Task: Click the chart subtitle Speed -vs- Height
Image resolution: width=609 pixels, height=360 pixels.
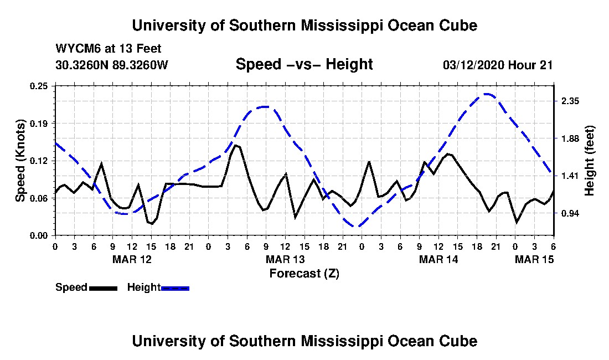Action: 304,64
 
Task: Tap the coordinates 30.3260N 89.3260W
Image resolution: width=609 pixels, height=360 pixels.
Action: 112,64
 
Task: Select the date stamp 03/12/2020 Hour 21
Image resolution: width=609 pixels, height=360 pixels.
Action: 498,65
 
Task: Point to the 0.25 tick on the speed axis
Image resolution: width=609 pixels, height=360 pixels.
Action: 39,86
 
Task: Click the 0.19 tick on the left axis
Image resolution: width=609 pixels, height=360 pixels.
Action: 39,124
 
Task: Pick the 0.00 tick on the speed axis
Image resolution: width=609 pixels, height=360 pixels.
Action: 39,236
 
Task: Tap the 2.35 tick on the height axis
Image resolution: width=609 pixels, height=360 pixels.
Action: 570,101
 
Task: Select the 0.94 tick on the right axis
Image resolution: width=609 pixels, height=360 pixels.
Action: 570,214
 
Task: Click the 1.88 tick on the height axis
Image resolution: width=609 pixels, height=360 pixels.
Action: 570,138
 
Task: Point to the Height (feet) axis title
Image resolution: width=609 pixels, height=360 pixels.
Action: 590,161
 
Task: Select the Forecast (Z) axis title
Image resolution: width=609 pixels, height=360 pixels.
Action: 304,274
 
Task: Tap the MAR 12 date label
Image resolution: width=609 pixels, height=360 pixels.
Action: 132,259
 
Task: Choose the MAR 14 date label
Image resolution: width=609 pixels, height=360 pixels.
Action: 438,259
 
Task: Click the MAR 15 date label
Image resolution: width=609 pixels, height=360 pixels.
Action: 534,259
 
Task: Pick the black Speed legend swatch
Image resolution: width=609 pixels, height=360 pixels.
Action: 104,288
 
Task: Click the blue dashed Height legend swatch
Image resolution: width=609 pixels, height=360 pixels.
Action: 175,288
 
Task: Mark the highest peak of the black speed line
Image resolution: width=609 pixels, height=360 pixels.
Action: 235,145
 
